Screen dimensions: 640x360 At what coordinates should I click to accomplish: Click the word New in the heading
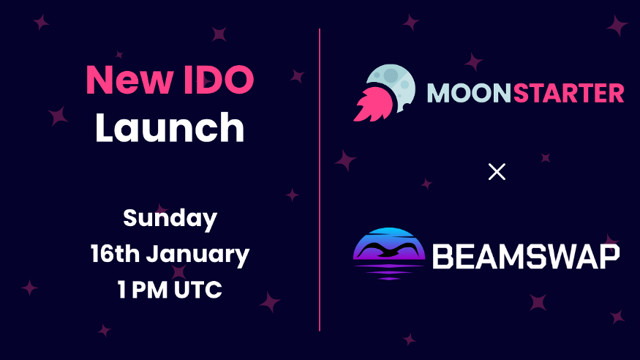129,79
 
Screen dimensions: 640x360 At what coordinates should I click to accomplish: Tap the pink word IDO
219,79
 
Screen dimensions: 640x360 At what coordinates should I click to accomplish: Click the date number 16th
115,253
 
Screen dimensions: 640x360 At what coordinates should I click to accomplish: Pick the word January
198,255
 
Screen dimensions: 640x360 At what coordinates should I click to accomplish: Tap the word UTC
198,289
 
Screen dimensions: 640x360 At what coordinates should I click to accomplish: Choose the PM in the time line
149,289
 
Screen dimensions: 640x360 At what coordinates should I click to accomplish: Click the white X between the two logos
497,171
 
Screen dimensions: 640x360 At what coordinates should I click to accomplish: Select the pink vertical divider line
320,179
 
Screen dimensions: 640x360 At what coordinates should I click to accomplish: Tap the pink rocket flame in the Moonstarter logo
374,105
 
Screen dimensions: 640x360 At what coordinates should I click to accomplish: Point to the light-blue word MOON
469,93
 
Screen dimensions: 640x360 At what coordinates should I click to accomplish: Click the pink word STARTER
568,93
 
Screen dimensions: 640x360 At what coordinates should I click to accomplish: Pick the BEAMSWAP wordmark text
526,256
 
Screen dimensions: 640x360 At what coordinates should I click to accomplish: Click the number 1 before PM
121,289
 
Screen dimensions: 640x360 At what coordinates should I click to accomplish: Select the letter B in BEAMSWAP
443,257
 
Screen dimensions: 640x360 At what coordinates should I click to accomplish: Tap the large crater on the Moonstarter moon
391,75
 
